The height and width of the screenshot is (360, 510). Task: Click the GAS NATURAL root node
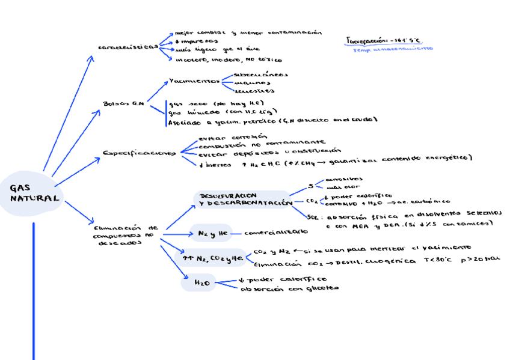(34, 194)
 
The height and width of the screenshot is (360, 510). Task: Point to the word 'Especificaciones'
(138, 153)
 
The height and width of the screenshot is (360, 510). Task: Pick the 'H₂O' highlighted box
(201, 281)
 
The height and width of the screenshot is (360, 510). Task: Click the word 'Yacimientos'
(194, 81)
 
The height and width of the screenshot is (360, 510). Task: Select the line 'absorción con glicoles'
(289, 288)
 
